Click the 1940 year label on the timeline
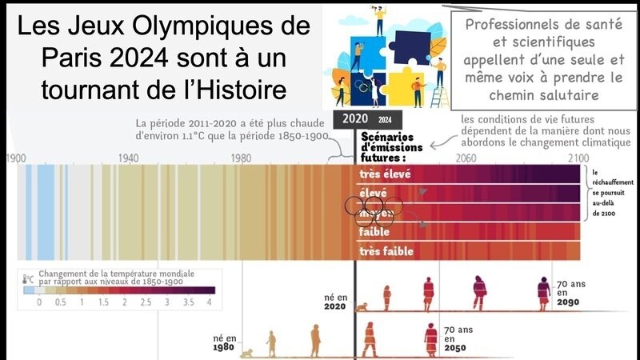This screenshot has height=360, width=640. pos(128,158)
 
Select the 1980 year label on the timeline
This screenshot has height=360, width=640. pos(241,158)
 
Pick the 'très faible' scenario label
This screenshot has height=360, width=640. pos(387,251)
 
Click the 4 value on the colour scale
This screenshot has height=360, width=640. pos(210,303)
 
